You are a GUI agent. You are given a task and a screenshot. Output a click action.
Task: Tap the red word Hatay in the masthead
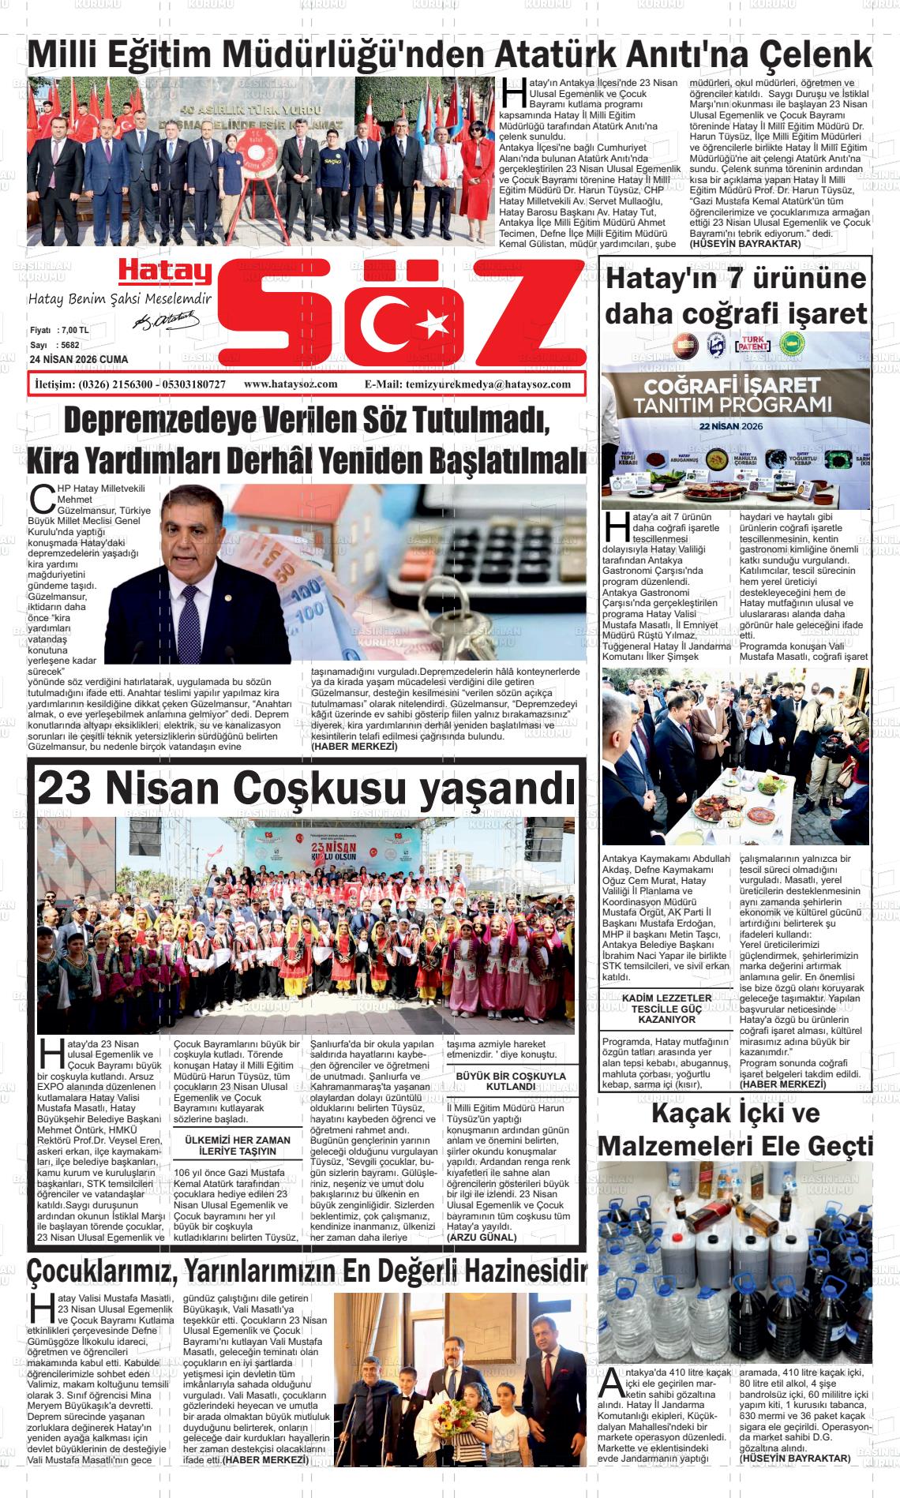pyautogui.click(x=165, y=272)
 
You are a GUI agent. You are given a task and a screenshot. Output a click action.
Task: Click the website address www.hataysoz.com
pyautogui.click(x=291, y=384)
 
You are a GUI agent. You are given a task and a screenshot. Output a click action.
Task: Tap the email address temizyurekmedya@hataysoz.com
pyautogui.click(x=487, y=384)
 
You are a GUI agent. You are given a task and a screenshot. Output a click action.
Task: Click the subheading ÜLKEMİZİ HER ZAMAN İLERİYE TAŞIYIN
pyautogui.click(x=237, y=1144)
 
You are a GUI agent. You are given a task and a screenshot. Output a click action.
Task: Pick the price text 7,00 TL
pyautogui.click(x=73, y=331)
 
